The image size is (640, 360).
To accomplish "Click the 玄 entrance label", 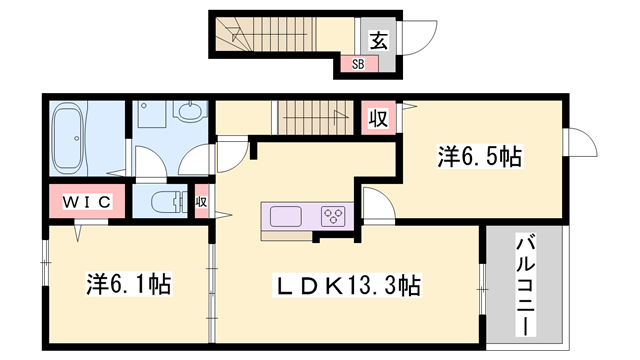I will coord(380,40).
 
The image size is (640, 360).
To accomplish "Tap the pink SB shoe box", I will coord(357,63).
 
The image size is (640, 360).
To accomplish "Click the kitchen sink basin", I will coord(286,216).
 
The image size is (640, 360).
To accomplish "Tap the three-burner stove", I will coord(334,216).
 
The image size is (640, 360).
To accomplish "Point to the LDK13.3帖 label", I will coord(348,286).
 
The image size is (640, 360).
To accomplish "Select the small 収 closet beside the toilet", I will coord(201,202).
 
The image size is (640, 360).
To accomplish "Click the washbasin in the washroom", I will coord(189,116).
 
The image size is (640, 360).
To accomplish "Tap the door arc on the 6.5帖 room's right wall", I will coord(578,145).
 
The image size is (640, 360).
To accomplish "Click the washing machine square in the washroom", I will coord(152,118).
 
